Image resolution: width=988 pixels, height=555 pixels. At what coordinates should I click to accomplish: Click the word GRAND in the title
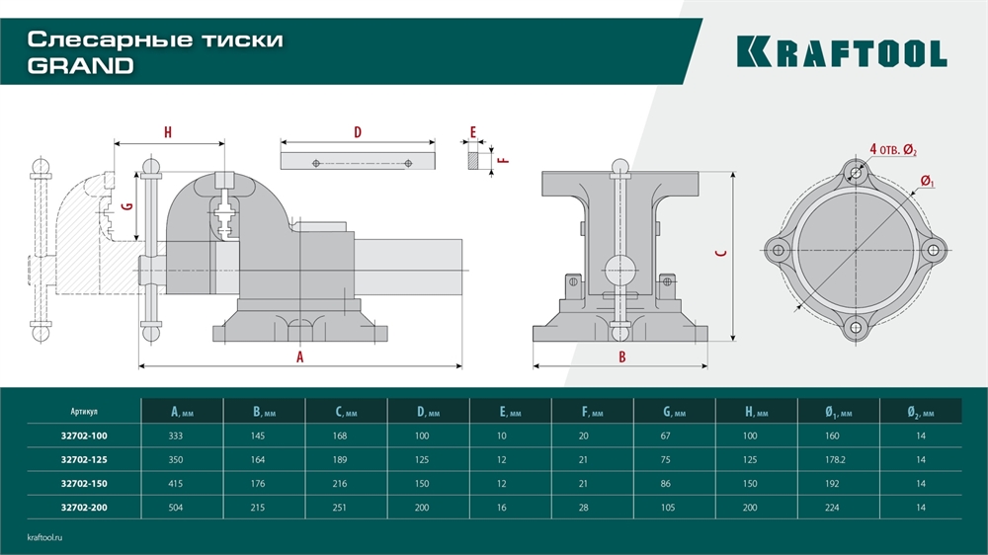80,66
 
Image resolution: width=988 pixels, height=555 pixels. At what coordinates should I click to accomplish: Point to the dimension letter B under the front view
621,357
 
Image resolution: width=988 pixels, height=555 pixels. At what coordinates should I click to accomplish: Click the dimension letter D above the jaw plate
358,132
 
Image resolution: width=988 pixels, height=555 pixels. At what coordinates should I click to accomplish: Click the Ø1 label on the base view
927,181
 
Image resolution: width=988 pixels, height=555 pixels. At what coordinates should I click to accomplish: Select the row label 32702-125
84,459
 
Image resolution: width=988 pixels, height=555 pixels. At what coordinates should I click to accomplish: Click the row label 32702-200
84,507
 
